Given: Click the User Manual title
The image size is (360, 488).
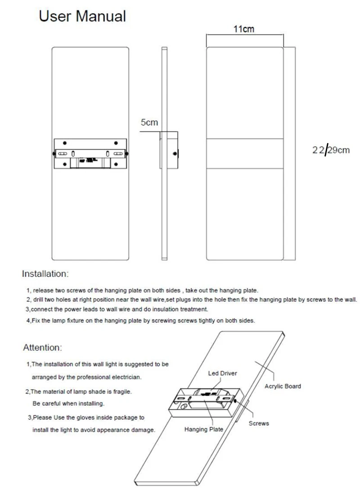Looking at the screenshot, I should (x=82, y=16).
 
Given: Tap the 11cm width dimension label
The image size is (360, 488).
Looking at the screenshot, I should (x=243, y=29).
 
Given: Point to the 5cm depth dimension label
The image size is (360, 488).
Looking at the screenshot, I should (x=149, y=122).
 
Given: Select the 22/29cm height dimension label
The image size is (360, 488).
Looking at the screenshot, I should (x=331, y=150).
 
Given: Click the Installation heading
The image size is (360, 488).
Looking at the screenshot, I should (x=45, y=273).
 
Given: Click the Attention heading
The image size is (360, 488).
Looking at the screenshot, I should (x=42, y=348).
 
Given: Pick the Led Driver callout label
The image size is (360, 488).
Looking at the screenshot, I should (x=222, y=373).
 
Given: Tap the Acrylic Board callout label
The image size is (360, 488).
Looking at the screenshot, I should (x=283, y=386).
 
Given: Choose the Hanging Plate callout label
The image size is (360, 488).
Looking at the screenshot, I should (x=204, y=430).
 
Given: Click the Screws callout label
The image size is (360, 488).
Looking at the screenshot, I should (x=259, y=424).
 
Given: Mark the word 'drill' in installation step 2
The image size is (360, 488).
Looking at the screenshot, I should (x=40, y=300).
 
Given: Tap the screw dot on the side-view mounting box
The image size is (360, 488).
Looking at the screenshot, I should (x=175, y=153).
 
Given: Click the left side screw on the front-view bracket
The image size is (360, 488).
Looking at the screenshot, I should (x=54, y=153).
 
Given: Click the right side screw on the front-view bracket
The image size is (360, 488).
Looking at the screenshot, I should (x=127, y=153).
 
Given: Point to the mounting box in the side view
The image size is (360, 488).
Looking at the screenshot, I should (x=169, y=150).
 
